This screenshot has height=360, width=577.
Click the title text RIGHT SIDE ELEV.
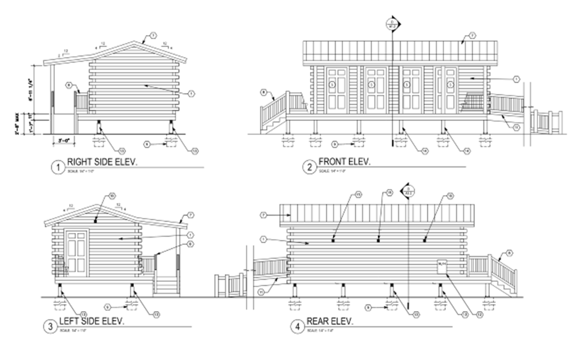coord(102,163)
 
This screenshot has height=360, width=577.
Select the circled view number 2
coord(309,167)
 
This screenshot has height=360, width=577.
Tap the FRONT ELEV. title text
coord(344,162)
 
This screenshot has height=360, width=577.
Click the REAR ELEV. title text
coord(330,321)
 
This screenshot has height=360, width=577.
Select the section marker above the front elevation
coord(392,24)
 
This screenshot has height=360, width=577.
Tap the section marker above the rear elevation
coord(408,190)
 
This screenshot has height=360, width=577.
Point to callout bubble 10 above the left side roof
coord(112,196)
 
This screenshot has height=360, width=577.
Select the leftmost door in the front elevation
coord(337,89)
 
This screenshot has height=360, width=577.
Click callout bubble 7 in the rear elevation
coord(265,215)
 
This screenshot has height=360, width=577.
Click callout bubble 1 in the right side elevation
coord(191,94)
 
